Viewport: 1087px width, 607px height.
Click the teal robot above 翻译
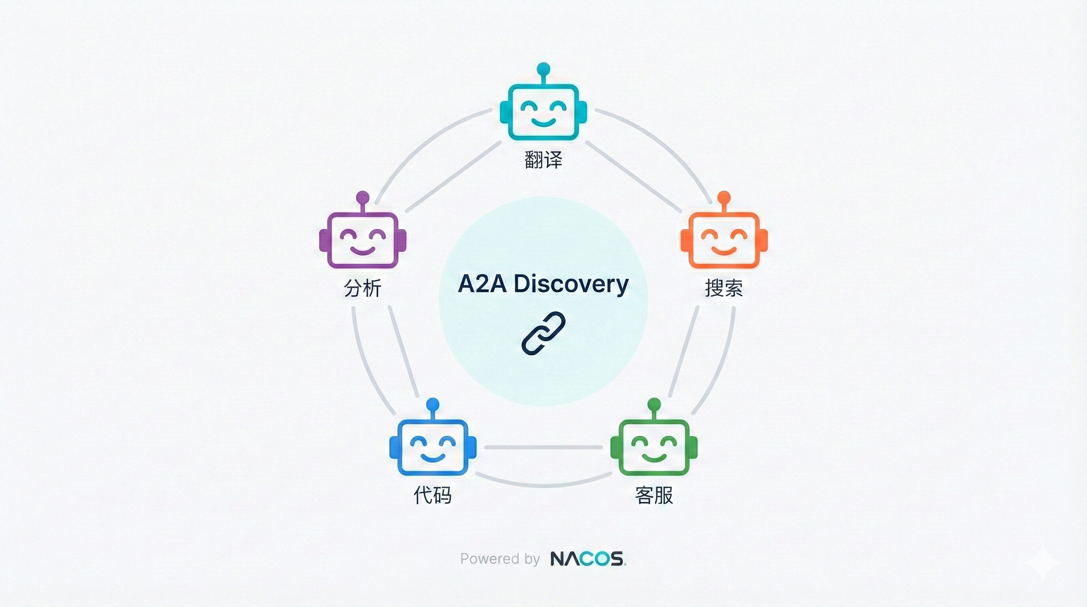coord(543,112)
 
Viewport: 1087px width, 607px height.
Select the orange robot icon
coord(724,240)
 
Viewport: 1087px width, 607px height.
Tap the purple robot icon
coord(363,240)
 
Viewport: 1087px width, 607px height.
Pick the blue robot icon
coord(433,447)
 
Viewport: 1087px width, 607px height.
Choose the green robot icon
coord(654,447)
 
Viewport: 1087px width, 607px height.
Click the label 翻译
coord(543,160)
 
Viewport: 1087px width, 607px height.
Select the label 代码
coord(433,495)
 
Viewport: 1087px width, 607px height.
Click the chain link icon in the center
coord(543,334)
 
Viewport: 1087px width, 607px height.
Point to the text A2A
coord(482,284)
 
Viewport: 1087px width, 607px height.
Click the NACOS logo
coord(588,558)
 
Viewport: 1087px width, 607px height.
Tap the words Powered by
coord(500,559)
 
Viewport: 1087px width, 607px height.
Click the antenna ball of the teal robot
coord(543,69)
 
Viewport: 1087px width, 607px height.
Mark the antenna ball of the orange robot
coord(724,197)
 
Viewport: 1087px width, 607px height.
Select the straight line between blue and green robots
coord(543,447)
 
